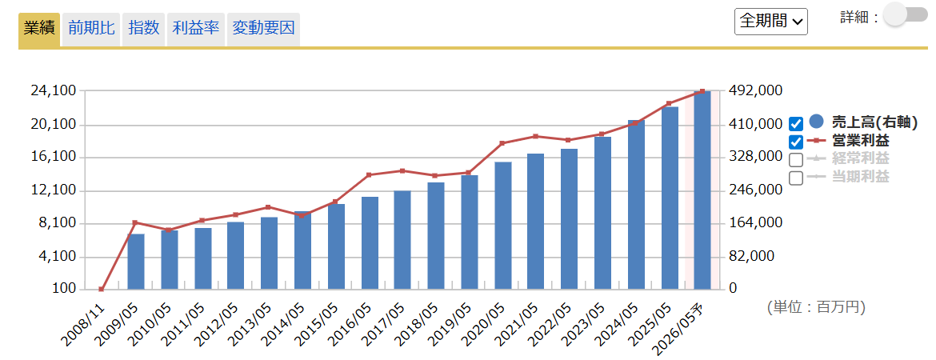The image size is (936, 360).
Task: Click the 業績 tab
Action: [x=39, y=28]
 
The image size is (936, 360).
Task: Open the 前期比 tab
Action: [x=91, y=28]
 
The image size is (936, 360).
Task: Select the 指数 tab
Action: [x=144, y=28]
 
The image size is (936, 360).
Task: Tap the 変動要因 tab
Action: [x=263, y=28]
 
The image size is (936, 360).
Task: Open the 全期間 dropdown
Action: [x=770, y=22]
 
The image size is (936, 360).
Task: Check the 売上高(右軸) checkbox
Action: [x=795, y=123]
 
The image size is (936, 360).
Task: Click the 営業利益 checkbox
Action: [x=795, y=142]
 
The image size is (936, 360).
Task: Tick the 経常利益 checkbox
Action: [x=795, y=160]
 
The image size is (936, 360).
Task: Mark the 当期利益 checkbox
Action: [x=795, y=178]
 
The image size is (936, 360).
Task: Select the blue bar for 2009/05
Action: [x=136, y=262]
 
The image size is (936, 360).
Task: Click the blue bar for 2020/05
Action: [x=502, y=226]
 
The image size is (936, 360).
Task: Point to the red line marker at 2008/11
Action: [x=102, y=289]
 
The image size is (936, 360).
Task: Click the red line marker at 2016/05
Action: [x=369, y=174]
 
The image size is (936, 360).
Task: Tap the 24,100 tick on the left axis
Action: [x=53, y=91]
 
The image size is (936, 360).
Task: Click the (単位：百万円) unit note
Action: [x=815, y=307]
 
